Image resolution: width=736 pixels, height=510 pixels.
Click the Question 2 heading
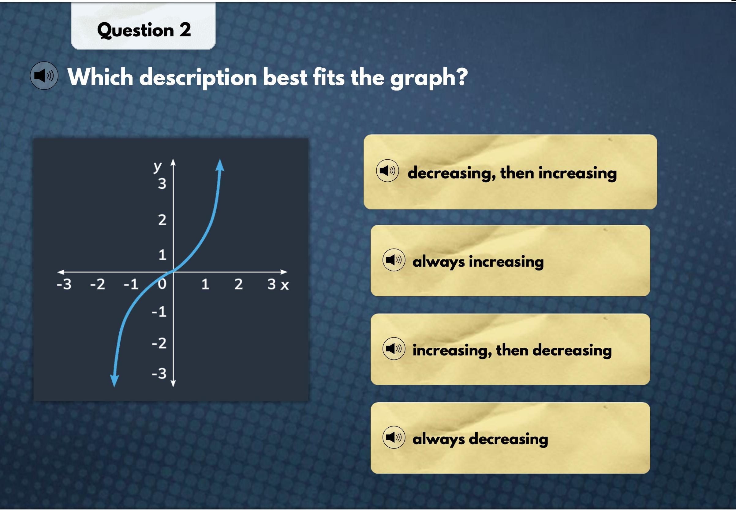(144, 30)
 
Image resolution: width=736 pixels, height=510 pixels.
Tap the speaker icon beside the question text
(44, 76)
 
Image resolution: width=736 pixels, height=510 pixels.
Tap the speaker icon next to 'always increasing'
(394, 260)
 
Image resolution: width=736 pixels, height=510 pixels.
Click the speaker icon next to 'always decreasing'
(394, 437)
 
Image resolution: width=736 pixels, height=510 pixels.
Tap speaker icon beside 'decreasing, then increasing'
(387, 171)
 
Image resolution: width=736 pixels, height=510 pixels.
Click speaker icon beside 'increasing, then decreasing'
(394, 349)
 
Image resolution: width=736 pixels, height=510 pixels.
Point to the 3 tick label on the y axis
(162, 184)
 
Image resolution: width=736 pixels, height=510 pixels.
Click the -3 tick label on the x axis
(64, 284)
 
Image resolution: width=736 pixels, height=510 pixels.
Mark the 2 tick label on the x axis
(239, 284)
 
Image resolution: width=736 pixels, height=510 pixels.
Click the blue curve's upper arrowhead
(220, 165)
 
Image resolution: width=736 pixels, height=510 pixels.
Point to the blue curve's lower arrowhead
(114, 381)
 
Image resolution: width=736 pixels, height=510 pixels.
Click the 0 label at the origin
(162, 284)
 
